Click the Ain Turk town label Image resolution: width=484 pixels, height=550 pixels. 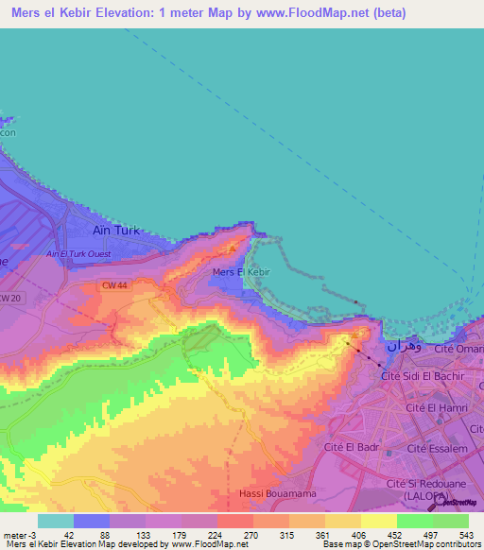(x=114, y=230)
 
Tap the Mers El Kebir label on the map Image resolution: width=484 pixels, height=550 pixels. (x=242, y=272)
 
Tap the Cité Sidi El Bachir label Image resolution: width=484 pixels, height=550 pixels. (x=423, y=375)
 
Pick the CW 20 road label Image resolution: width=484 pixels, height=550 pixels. (x=9, y=299)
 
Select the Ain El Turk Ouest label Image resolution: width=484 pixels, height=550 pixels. (x=79, y=254)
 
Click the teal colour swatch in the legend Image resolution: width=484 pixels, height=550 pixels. (x=56, y=521)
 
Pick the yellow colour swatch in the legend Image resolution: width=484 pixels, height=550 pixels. (x=379, y=521)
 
